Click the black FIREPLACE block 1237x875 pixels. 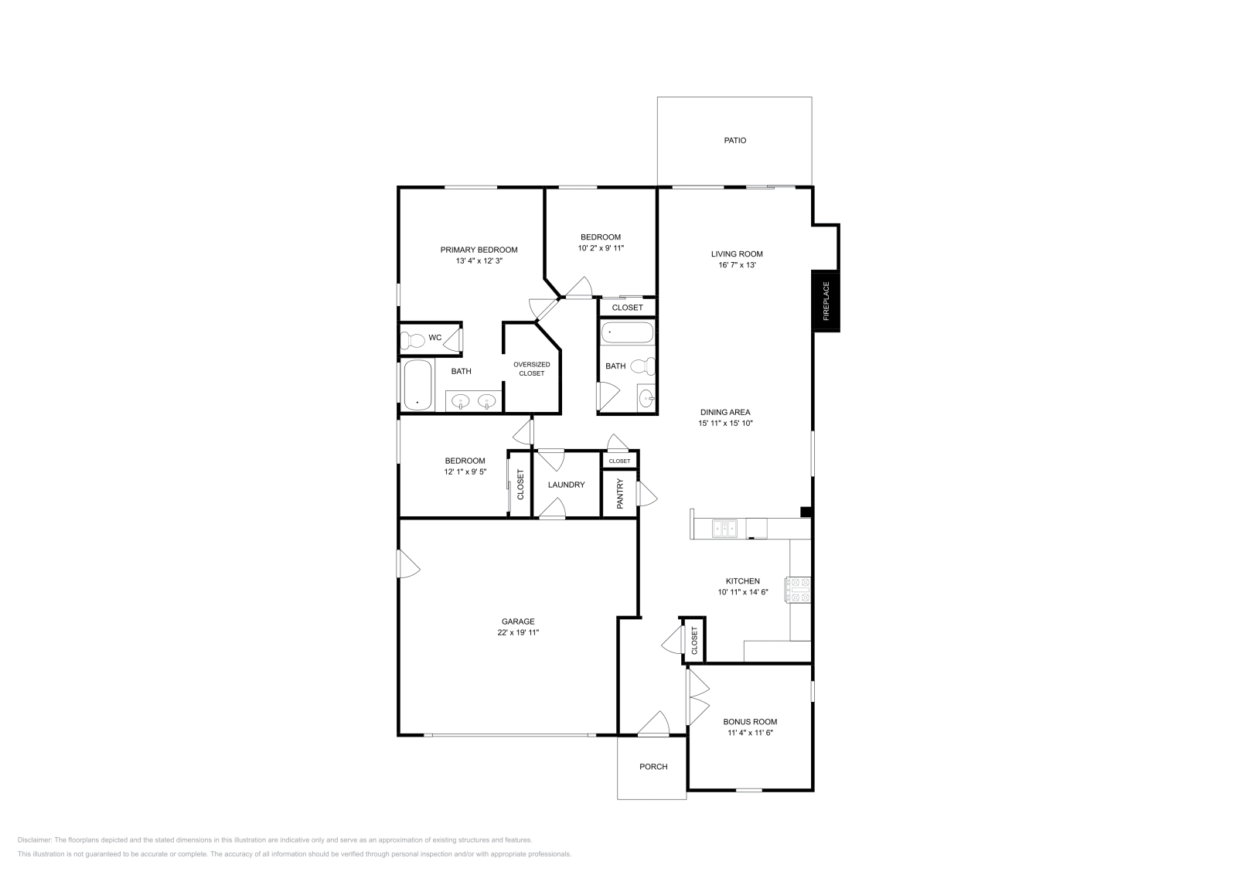(826, 301)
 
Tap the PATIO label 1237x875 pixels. (734, 141)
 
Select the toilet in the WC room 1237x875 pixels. (416, 339)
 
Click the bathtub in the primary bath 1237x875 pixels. (417, 384)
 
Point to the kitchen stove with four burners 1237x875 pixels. (799, 589)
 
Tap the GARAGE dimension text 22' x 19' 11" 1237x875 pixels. (517, 632)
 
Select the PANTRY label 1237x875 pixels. (620, 493)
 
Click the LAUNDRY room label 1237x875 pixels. (566, 485)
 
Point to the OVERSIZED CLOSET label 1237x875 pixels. (532, 369)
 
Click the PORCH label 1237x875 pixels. (653, 767)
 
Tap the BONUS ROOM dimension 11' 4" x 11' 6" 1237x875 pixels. (750, 732)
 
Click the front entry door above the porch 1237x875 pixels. (653, 724)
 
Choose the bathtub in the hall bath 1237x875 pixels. (627, 333)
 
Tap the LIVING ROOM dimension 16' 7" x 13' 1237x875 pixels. (737, 265)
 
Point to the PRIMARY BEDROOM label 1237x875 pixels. (479, 250)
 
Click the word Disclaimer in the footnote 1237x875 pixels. (34, 839)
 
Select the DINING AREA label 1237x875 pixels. (725, 412)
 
